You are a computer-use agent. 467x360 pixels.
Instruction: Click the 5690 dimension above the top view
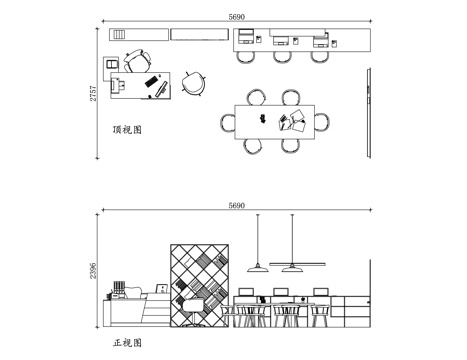[x=237, y=17]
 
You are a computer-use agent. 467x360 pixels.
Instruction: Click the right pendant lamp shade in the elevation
[x=294, y=267]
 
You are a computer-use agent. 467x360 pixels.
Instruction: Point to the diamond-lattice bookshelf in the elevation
[x=200, y=270]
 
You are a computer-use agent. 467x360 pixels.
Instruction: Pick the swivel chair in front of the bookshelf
[x=190, y=309]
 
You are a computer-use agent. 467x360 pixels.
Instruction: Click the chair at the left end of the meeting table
[x=229, y=121]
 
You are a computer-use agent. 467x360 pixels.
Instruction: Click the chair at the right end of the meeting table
[x=325, y=121]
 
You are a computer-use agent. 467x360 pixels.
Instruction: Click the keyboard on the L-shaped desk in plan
[x=151, y=78]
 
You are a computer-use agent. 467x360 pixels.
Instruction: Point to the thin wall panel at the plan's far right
[x=370, y=112]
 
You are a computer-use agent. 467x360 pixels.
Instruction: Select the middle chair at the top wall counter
[x=281, y=54]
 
